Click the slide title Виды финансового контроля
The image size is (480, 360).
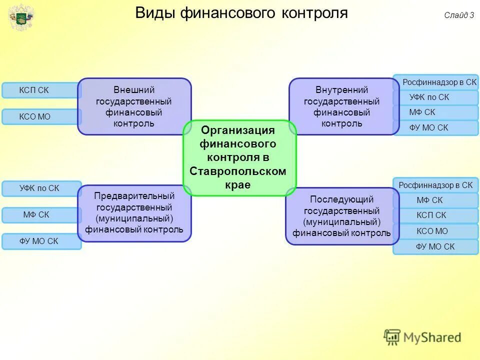241,12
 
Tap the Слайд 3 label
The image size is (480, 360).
458,15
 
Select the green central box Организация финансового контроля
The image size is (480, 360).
239,157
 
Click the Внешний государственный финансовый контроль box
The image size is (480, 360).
134,106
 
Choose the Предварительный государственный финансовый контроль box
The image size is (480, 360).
134,213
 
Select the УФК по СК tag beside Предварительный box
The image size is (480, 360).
40,188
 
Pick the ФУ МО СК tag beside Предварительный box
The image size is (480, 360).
40,241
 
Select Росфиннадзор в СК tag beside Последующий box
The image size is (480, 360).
435,185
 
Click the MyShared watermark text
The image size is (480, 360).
432,337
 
